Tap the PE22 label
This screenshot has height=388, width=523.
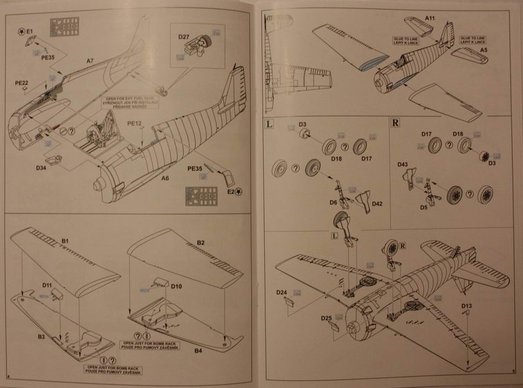pos(21,82)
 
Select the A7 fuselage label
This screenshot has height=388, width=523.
pos(90,60)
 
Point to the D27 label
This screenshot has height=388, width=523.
pos(184,38)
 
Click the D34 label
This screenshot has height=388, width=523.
pos(42,167)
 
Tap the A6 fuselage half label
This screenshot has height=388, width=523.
pos(165,178)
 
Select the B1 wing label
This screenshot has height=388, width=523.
pos(65,241)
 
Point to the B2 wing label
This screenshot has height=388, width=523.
pos(201,242)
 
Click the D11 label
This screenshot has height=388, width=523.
pos(48,285)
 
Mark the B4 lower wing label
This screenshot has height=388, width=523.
pos(198,350)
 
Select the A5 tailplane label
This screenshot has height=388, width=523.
pos(484,49)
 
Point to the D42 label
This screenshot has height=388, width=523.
pos(377,203)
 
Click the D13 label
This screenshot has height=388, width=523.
pos(467,305)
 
